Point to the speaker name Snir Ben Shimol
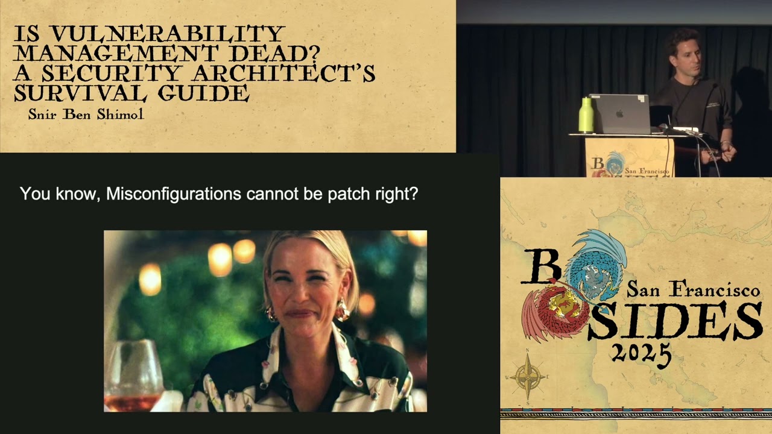pos(86,114)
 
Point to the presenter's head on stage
pos(684,52)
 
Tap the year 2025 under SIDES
pos(641,351)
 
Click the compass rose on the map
pos(528,377)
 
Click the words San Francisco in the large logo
pos(693,290)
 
